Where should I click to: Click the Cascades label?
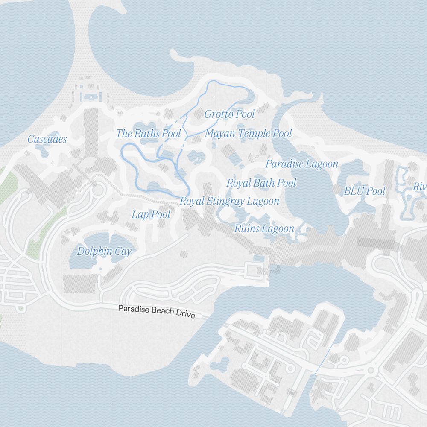[x=47, y=139]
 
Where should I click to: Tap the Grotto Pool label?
[x=229, y=114]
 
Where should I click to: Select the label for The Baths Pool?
[x=149, y=133]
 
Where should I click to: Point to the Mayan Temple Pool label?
[x=248, y=133]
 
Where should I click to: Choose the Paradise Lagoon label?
[x=301, y=164]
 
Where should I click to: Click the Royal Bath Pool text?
[x=261, y=183]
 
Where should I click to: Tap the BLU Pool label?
[x=364, y=191]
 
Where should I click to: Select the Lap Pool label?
[x=151, y=214]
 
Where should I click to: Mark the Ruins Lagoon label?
[x=264, y=229]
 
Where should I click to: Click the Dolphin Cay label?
[x=104, y=251]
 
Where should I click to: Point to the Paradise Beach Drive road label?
[x=157, y=311]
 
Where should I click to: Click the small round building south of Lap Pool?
[x=184, y=254]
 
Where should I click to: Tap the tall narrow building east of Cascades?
[x=91, y=132]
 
